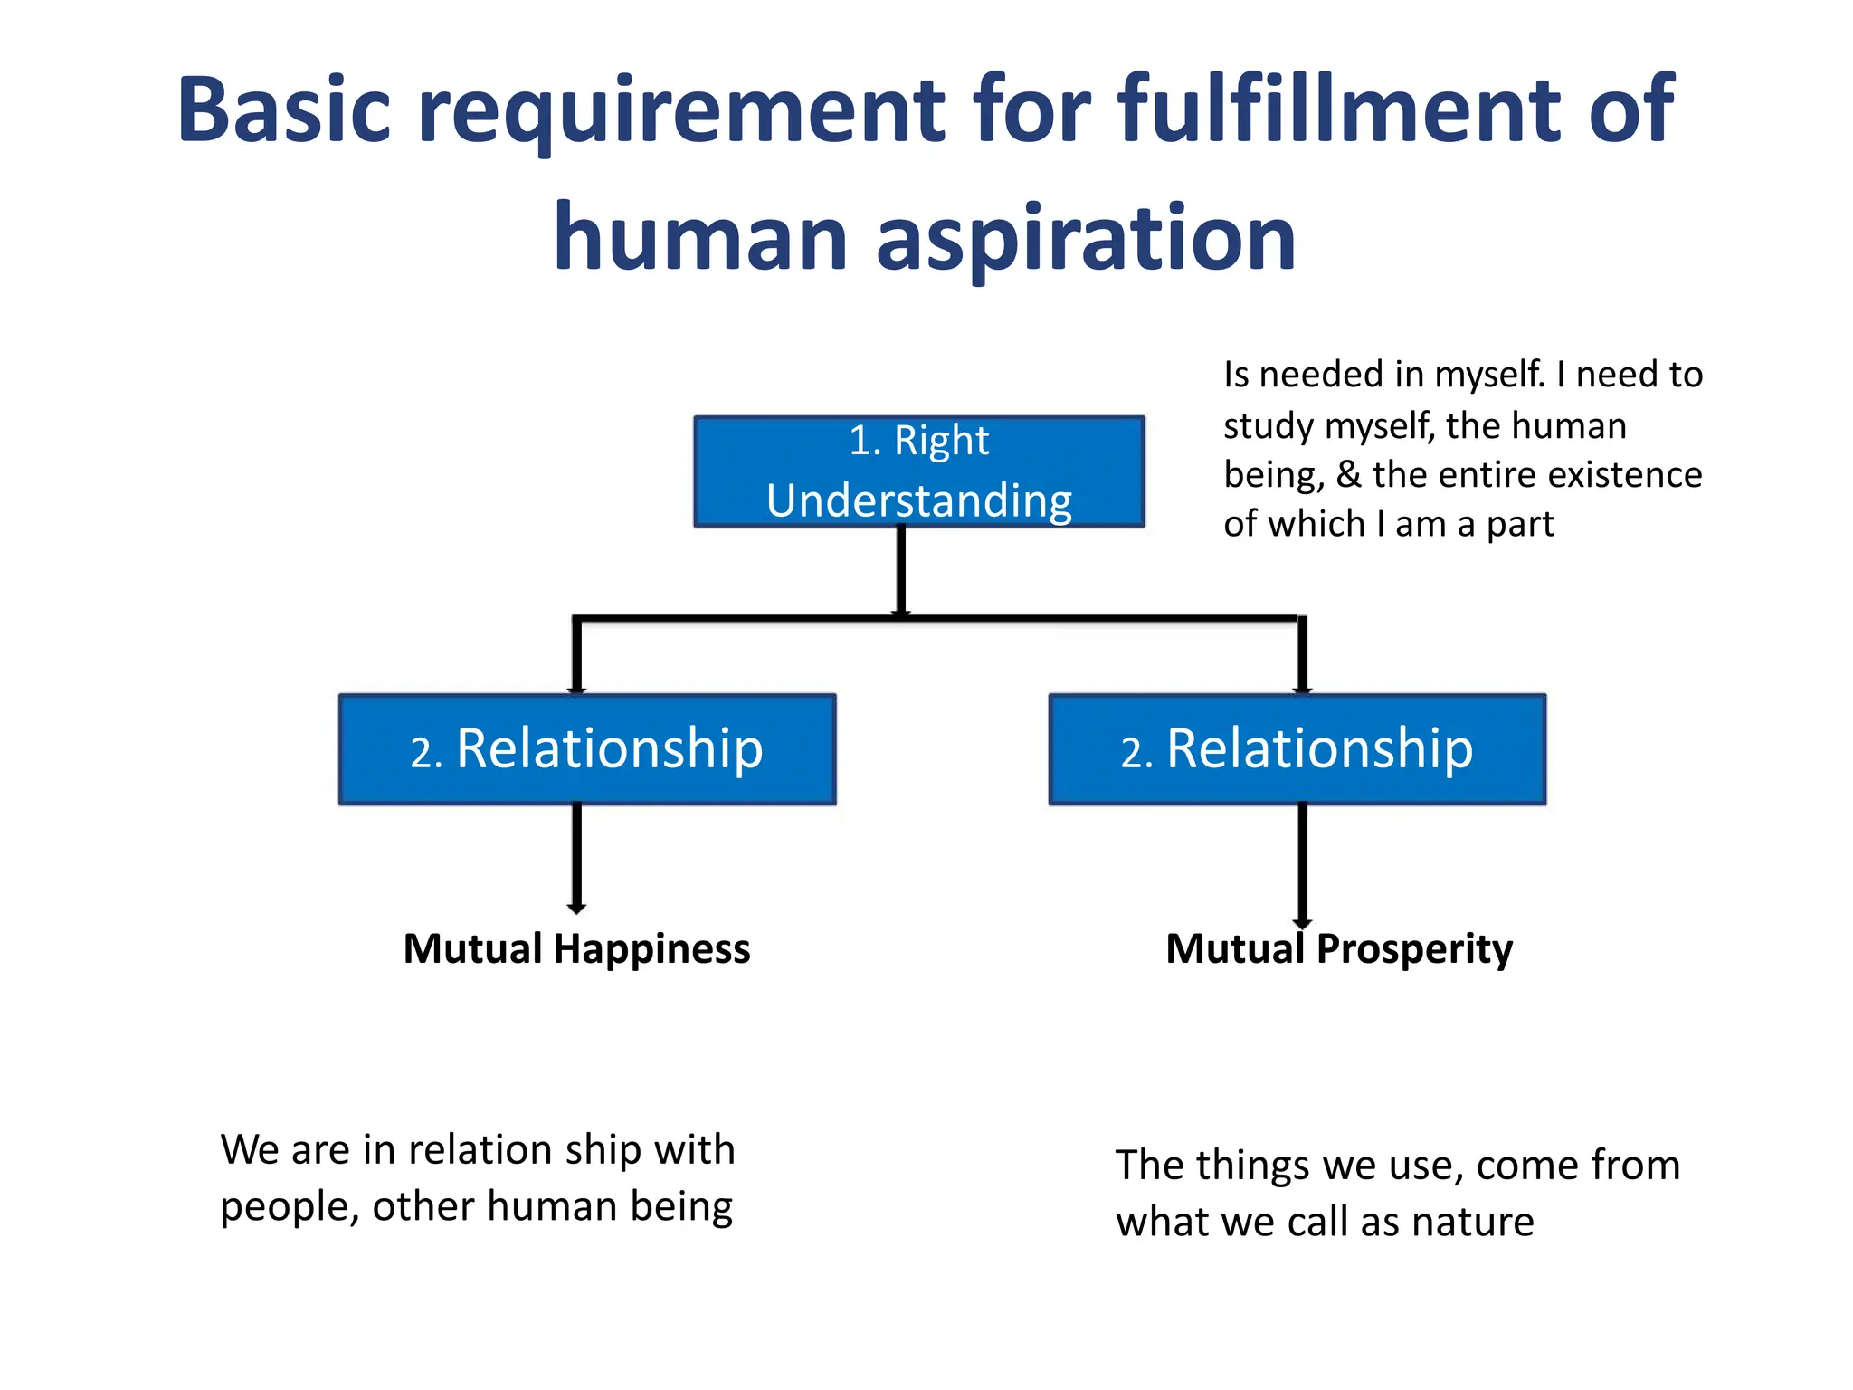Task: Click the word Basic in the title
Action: coord(284,110)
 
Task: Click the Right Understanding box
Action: coord(918,471)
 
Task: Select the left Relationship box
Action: coord(587,749)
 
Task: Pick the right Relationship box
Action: coord(1297,749)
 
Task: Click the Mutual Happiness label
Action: coord(576,949)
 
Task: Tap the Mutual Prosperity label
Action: coord(1339,949)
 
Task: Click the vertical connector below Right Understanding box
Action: coord(901,570)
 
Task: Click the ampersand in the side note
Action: coord(1348,475)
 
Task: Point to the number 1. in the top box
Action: coord(865,442)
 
